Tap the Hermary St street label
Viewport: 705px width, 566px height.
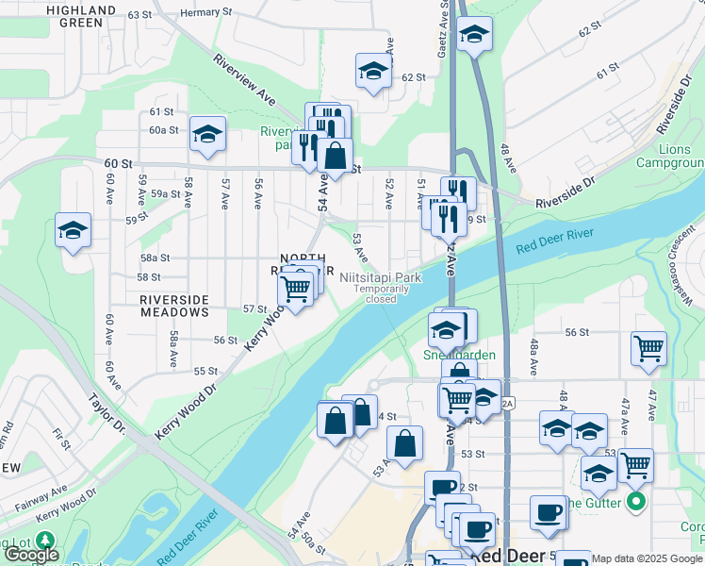(205, 13)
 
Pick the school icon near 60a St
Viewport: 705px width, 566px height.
(207, 135)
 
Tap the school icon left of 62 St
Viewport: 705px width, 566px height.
(373, 72)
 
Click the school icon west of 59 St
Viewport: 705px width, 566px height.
(72, 231)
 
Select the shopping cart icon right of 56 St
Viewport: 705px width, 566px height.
(648, 347)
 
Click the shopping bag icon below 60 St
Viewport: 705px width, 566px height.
(335, 157)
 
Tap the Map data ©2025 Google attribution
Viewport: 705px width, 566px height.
(646, 558)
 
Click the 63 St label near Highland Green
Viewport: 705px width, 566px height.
(139, 15)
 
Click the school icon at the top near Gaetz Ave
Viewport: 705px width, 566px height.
(474, 36)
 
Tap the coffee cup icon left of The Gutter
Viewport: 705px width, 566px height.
(547, 513)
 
